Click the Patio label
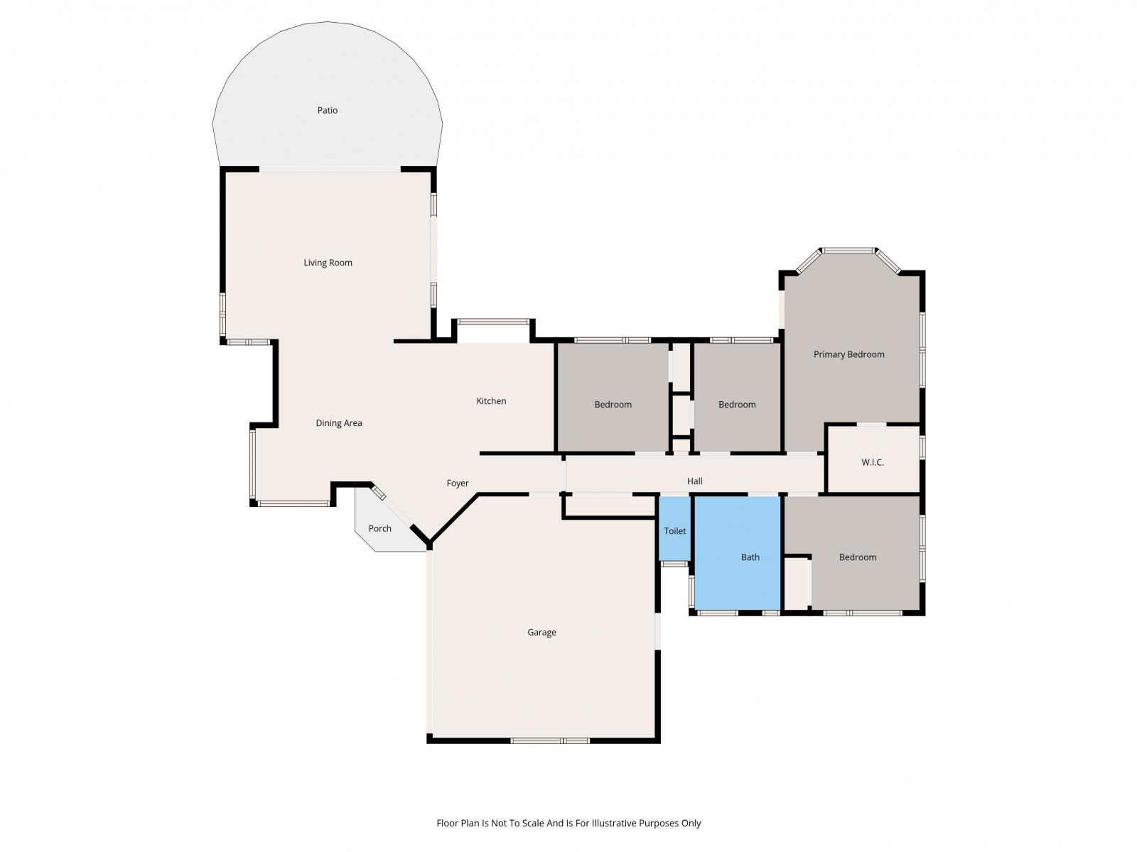pos(328,110)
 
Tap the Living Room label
pos(328,263)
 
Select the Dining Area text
pos(339,423)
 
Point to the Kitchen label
pos(491,401)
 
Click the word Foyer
pos(458,484)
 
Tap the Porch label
pos(379,528)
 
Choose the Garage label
pos(541,632)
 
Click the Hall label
pos(694,481)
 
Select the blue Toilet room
pos(674,528)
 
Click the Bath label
pos(750,557)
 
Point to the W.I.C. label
pos(873,462)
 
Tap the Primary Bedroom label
pos(849,354)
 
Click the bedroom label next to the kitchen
pos(613,405)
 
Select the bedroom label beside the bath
pos(858,557)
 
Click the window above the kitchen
pos(492,322)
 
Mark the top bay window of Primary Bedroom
pos(848,251)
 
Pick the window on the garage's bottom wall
pos(549,741)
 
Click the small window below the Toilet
pos(674,563)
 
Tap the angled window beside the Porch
pos(379,493)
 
